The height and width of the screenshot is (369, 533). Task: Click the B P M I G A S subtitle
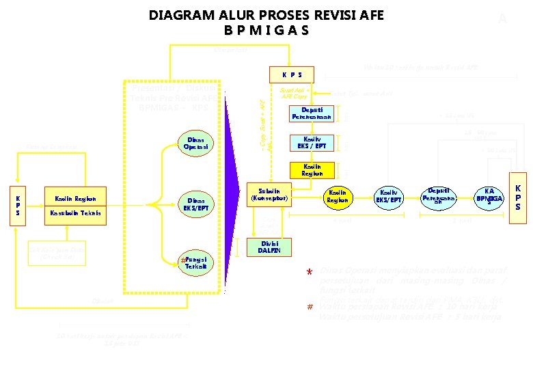pyautogui.click(x=266, y=31)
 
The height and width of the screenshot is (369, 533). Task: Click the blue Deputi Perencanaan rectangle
pyautogui.click(x=312, y=113)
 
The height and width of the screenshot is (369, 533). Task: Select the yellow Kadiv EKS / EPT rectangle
pyautogui.click(x=312, y=143)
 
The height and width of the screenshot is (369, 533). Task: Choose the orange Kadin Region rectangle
pyautogui.click(x=312, y=170)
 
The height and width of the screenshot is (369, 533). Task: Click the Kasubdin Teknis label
pyautogui.click(x=75, y=213)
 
